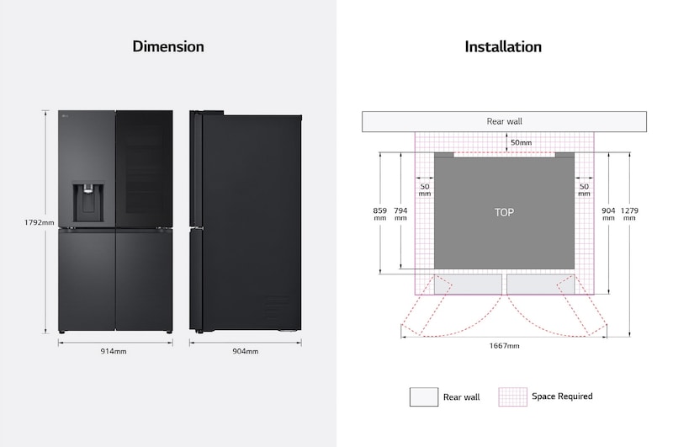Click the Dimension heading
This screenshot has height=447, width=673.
pyautogui.click(x=168, y=46)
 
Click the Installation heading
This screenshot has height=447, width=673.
pyautogui.click(x=503, y=46)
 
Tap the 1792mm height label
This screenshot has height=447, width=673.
pyautogui.click(x=40, y=222)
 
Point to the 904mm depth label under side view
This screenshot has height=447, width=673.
pyautogui.click(x=246, y=351)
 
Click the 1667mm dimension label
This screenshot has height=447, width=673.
pyautogui.click(x=504, y=346)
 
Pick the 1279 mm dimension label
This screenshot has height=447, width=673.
pyautogui.click(x=630, y=213)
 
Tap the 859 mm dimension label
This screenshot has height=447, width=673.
pyautogui.click(x=380, y=213)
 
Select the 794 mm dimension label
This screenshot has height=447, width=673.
pyautogui.click(x=400, y=213)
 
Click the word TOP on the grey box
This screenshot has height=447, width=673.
pyautogui.click(x=504, y=212)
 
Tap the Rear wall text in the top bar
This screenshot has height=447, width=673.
pyautogui.click(x=504, y=121)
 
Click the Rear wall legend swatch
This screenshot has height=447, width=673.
pyautogui.click(x=423, y=396)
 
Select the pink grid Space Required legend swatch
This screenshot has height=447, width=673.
pyautogui.click(x=511, y=396)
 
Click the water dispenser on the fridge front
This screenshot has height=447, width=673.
pyautogui.click(x=87, y=200)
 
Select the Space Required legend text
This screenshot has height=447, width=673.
pyautogui.click(x=562, y=396)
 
